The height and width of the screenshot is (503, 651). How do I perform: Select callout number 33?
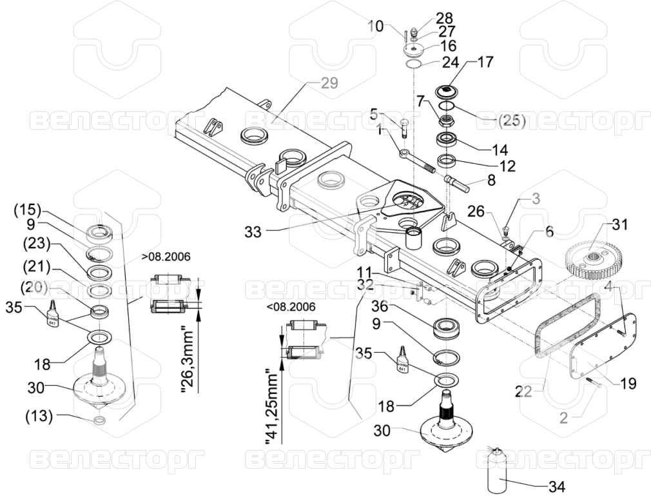(253, 232)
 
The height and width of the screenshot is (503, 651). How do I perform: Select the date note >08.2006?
(166, 256)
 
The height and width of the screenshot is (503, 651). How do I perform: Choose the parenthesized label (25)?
(512, 120)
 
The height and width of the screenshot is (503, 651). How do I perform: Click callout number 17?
(485, 63)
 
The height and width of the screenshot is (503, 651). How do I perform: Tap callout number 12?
(507, 166)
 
